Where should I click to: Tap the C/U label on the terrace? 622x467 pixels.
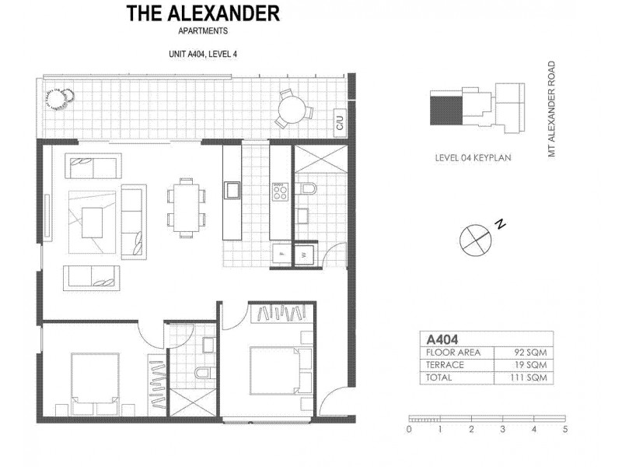tap(339, 122)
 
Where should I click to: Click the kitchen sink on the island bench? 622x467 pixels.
tap(232, 188)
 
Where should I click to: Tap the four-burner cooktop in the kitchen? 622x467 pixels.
tap(280, 190)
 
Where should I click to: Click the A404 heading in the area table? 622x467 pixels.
tap(437, 339)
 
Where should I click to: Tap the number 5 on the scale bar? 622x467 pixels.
tap(565, 429)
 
